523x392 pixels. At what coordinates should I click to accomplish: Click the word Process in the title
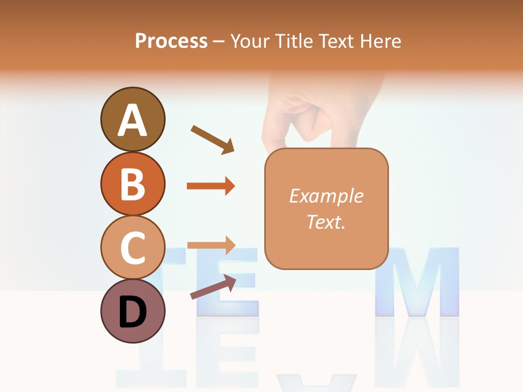coord(171,41)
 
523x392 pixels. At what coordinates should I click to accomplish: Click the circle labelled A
coord(132,119)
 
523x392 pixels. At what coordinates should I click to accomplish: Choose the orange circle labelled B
coord(132,183)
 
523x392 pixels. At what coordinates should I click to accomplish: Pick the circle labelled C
coord(132,247)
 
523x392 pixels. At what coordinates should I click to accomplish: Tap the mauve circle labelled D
coord(132,311)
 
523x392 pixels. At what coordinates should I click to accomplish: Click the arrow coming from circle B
coord(211,186)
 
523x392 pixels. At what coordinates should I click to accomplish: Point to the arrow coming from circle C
coord(211,246)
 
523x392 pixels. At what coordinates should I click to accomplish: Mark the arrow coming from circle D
coord(213,287)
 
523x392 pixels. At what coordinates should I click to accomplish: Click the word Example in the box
coord(326,196)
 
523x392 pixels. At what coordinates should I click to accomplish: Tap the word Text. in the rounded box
coord(326,222)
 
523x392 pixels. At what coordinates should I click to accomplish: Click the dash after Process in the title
coord(218,42)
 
